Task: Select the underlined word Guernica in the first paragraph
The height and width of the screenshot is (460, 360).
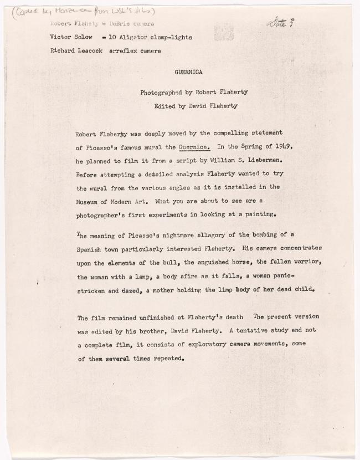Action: tap(194, 147)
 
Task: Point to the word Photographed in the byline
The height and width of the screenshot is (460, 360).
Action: tap(165, 93)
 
